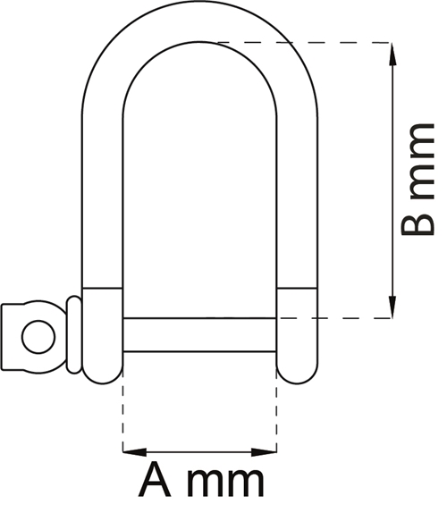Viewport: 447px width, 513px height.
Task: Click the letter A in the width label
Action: pos(154,481)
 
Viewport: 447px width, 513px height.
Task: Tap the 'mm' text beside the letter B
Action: pos(422,162)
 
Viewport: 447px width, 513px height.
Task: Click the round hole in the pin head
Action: pos(38,337)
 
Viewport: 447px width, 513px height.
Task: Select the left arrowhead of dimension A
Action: pos(134,452)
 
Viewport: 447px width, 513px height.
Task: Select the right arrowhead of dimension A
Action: pos(264,452)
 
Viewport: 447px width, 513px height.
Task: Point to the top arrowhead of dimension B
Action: pos(392,55)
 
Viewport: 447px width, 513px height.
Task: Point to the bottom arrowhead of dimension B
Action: pos(392,307)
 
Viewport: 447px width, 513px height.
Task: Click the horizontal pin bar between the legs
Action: pos(199,334)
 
